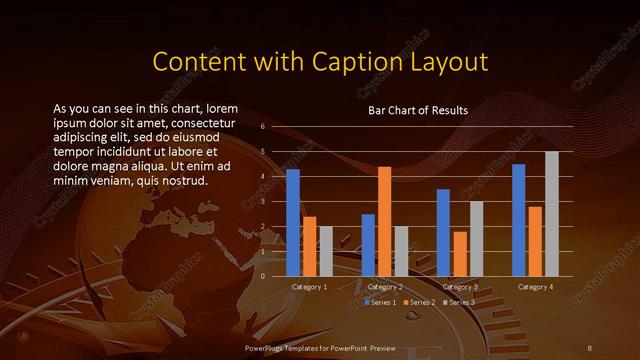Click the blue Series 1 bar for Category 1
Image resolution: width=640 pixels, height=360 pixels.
coord(293,222)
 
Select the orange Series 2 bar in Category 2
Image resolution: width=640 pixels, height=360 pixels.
coord(384,221)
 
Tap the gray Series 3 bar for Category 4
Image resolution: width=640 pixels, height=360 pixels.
coord(551,213)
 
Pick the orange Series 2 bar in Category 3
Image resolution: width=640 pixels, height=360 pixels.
coord(460,254)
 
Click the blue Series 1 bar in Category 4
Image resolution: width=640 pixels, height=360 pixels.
coord(518,220)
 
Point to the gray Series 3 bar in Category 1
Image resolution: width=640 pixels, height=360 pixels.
coord(326,251)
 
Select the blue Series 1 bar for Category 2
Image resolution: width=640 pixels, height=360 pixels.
coord(368,245)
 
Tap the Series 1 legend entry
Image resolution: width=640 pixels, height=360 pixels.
coord(382,301)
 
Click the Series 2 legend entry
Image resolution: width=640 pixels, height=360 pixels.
coord(419,301)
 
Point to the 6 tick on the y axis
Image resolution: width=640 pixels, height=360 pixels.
coord(262,127)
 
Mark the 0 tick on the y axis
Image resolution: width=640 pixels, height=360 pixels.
coord(262,276)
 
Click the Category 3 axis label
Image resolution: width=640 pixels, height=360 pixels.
coord(460,287)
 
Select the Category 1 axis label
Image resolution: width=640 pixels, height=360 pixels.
coord(309,287)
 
